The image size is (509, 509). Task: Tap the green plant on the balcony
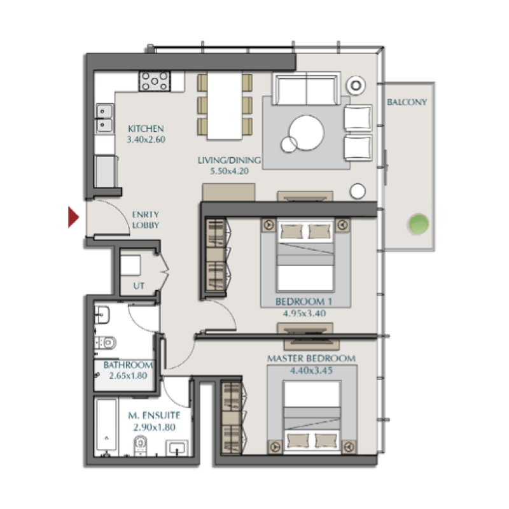pyautogui.click(x=417, y=223)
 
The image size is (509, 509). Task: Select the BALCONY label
pyautogui.click(x=407, y=102)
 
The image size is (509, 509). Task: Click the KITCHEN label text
pyautogui.click(x=146, y=128)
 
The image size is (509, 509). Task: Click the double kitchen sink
pyautogui.click(x=104, y=118)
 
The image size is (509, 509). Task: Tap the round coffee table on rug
pyautogui.click(x=306, y=133)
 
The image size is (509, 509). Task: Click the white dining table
pyautogui.click(x=225, y=106)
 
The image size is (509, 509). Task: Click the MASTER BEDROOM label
pyautogui.click(x=310, y=359)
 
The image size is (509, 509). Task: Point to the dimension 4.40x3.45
pyautogui.click(x=310, y=370)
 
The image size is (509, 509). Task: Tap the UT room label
pyautogui.click(x=139, y=286)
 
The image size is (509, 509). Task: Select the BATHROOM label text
pyautogui.click(x=128, y=365)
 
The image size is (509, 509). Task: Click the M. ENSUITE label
pyautogui.click(x=154, y=415)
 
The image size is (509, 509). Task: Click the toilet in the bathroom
pyautogui.click(x=106, y=343)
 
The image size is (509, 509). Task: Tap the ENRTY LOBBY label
pyautogui.click(x=146, y=220)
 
